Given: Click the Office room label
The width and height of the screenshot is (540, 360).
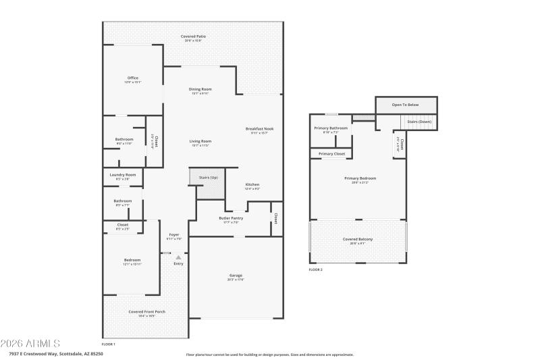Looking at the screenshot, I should coord(132,78).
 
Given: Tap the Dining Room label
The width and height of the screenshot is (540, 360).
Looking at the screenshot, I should coord(200,89).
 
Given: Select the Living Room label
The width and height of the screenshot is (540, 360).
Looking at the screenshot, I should coord(200,141).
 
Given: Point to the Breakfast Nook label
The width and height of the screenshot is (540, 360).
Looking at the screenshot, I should coord(259,129).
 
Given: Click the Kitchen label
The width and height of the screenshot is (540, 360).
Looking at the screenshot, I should coord(252,184).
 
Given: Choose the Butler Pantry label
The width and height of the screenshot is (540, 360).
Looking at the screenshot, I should coord(231,218).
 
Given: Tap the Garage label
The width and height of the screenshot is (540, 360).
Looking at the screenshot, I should coord(236,276).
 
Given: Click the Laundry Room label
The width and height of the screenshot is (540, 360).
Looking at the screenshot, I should coord(123,175).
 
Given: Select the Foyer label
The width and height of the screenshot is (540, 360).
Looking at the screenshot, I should coord(174,235).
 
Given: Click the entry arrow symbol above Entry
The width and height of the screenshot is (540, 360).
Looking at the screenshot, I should coord(178,257).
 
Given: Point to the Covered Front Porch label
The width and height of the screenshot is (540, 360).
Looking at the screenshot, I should coord(147,311).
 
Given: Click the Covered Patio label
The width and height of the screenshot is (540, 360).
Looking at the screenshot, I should coord(193,36).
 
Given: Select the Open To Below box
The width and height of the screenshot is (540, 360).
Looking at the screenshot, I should coord(406,105).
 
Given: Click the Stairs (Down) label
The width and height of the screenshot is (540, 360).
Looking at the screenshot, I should coord(418,122).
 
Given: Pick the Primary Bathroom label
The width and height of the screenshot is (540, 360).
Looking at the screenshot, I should coord(331,128).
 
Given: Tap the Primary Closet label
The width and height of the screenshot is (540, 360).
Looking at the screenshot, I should coord(331,154).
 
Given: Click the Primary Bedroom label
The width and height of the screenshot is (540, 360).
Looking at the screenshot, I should coord(360,178).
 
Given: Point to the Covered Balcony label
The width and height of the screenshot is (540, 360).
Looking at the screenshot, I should coord(358,240).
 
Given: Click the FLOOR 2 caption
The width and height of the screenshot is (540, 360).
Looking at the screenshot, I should coord(316,269).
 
